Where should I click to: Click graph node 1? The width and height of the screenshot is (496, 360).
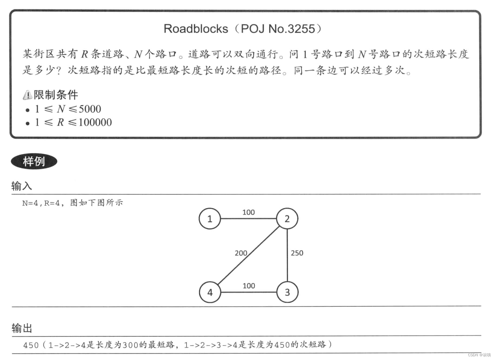tap(209, 219)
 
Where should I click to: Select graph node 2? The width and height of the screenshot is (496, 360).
tap(287, 219)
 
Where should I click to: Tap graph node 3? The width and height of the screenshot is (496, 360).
tap(287, 292)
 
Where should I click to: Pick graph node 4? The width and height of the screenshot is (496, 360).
tap(210, 292)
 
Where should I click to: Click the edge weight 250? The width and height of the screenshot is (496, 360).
tap(297, 253)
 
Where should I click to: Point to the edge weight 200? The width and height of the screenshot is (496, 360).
tap(241, 253)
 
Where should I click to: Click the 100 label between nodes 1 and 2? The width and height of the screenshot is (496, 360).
tap(249, 212)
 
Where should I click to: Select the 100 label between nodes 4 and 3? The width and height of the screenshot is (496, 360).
tap(249, 286)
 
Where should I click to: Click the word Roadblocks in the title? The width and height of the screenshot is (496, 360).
tap(196, 29)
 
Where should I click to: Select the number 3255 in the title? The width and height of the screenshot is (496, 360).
tap(301, 29)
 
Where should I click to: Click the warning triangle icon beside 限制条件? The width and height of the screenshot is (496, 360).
tap(27, 95)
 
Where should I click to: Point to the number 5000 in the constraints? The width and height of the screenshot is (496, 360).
tap(90, 109)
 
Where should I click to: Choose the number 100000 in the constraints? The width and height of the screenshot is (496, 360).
tap(95, 122)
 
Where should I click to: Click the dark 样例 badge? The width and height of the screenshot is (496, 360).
tap(34, 161)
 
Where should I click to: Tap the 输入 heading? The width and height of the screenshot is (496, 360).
tap(22, 186)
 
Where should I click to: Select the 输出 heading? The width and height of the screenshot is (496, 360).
tap(22, 328)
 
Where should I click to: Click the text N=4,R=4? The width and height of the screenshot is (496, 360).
tap(41, 203)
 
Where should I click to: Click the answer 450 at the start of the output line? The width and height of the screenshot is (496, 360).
tap(31, 345)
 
